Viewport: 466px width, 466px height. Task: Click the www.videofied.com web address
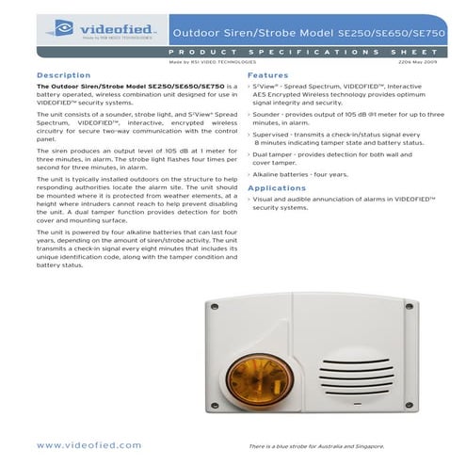click(x=88, y=444)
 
